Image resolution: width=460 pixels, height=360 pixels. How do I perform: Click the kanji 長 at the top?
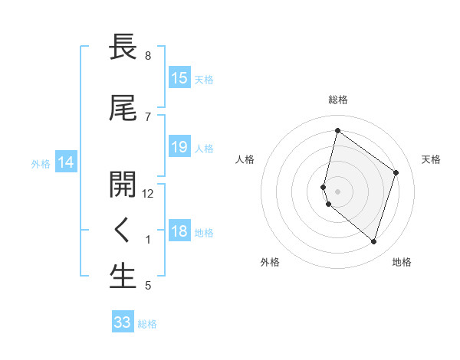pos(123,47)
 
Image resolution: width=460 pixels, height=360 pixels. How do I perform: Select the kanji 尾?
pos(123,108)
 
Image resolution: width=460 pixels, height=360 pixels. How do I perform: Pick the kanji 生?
pos(123,277)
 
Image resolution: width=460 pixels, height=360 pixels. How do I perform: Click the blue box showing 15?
pos(179,78)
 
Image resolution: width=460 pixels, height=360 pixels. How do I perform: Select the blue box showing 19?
pos(179,147)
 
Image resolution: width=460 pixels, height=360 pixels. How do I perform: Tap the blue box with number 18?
pos(179,231)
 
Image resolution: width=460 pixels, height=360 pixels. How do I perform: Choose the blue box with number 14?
pos(65,162)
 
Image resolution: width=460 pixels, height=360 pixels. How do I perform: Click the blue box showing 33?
pos(122,322)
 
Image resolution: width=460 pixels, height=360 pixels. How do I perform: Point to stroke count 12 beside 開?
pos(148,194)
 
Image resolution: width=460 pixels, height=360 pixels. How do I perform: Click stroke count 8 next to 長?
pos(148,56)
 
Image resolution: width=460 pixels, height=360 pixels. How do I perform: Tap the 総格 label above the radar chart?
pos(338,100)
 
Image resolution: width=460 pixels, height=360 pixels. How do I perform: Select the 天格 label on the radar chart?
pos(431,159)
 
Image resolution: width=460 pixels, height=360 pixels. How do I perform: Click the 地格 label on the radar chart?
pos(402,262)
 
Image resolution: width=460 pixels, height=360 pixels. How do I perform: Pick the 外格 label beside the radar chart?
pos(269,262)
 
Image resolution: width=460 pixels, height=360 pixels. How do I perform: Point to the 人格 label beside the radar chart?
pos(245,159)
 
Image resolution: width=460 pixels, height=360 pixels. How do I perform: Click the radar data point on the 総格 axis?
pos(337,130)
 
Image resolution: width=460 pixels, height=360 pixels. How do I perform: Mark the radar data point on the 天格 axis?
pos(396,172)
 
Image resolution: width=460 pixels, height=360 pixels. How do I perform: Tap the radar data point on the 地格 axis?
pos(373,242)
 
